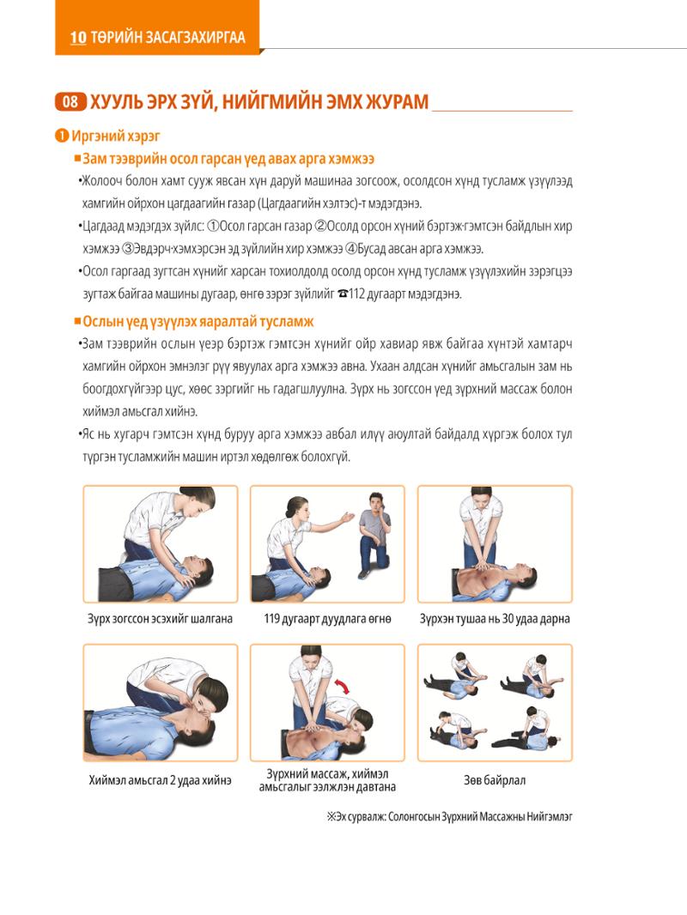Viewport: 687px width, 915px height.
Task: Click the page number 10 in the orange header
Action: coord(78,38)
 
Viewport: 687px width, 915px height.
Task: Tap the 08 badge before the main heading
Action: coord(70,102)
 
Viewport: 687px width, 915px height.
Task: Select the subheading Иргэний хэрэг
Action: coord(116,136)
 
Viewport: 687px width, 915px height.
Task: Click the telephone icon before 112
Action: coord(343,294)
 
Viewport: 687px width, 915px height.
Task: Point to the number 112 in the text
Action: coord(356,294)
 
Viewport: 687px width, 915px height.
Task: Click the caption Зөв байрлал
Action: coord(495,780)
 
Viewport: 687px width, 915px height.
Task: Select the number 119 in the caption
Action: coord(271,619)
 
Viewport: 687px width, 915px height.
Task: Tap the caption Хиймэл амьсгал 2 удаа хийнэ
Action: coord(160,780)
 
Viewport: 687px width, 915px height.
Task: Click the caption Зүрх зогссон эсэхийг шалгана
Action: coord(160,619)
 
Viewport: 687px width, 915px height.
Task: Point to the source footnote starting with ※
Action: coord(449,816)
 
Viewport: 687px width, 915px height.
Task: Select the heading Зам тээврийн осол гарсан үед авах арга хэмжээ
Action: coord(228,159)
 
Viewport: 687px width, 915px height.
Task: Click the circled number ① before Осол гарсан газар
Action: coord(213,227)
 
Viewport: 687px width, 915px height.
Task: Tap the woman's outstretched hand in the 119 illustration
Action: coord(348,517)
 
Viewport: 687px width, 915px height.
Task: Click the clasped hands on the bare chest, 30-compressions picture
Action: coord(481,566)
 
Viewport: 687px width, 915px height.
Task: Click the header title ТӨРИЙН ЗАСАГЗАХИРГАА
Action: coord(168,38)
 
